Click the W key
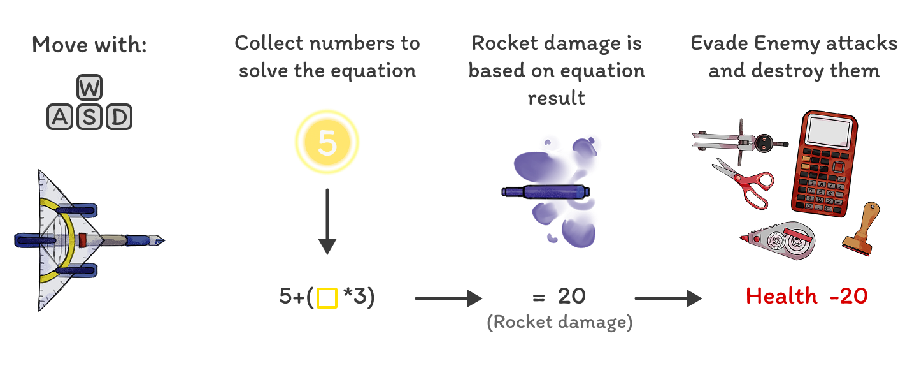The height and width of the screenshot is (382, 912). coord(89,88)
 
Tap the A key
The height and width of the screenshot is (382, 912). coord(60,117)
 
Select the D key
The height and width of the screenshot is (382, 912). coord(118,117)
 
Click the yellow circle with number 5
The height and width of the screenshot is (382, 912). coord(327,143)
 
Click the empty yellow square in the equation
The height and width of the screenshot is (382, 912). coord(327,298)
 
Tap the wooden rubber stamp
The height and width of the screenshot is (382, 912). coord(861,230)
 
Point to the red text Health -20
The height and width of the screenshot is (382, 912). coord(806,297)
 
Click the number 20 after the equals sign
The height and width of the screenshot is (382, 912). coord(571,297)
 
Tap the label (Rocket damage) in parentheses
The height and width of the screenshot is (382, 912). coord(559,322)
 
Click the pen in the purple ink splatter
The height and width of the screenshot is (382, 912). coord(545,191)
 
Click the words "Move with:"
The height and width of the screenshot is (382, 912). coord(89,45)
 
